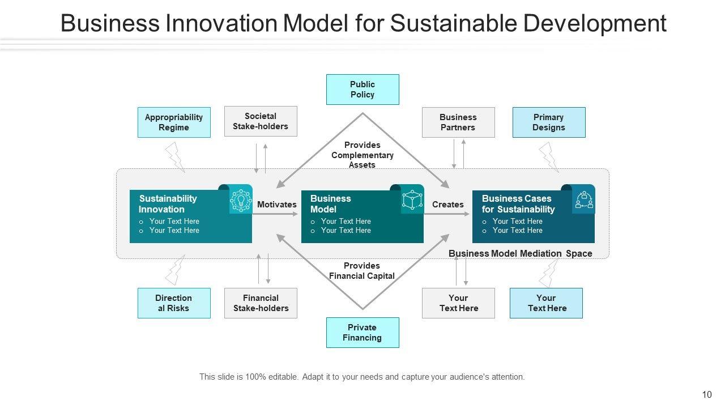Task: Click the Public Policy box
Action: [362, 90]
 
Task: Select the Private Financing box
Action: [362, 333]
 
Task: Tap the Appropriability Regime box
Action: [174, 122]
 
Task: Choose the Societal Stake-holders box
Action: [261, 121]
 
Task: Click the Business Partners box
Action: [458, 122]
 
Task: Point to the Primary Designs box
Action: [549, 122]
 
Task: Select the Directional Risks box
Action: [174, 303]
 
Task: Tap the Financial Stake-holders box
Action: [261, 303]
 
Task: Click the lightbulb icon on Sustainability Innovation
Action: [241, 200]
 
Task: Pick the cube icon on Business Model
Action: [412, 200]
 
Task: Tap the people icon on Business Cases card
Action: [583, 200]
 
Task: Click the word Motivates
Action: [277, 205]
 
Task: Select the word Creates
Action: [448, 205]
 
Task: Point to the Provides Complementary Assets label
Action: [362, 155]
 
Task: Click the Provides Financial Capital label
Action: [362, 271]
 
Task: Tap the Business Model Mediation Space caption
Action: [521, 254]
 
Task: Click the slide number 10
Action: [707, 395]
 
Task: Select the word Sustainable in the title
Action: [454, 24]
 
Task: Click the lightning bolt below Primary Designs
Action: [549, 157]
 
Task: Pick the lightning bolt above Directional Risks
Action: [175, 270]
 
